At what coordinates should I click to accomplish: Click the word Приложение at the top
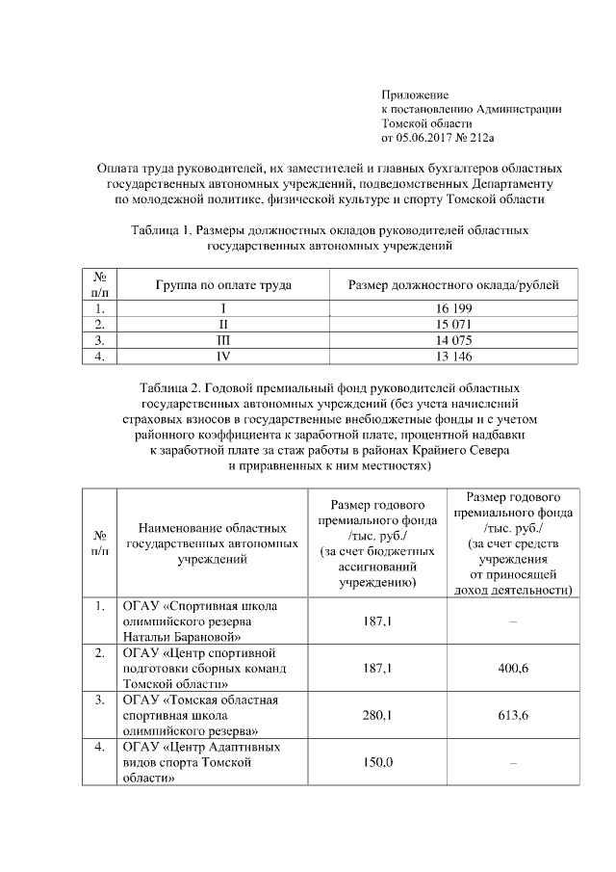(416, 94)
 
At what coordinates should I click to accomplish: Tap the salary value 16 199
(453, 308)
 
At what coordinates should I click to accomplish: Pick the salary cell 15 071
(453, 324)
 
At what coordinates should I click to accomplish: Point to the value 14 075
(453, 340)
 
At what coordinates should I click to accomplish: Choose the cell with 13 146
(453, 356)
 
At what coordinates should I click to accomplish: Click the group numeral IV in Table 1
(223, 356)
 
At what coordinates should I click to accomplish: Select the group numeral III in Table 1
(223, 340)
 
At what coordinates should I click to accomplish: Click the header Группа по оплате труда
(223, 285)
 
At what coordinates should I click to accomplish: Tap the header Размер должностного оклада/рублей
(453, 285)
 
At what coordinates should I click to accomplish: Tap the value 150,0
(376, 764)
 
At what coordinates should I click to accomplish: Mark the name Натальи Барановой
(181, 637)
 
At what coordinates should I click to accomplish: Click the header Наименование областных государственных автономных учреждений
(213, 543)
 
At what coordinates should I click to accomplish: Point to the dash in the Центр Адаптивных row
(513, 764)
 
